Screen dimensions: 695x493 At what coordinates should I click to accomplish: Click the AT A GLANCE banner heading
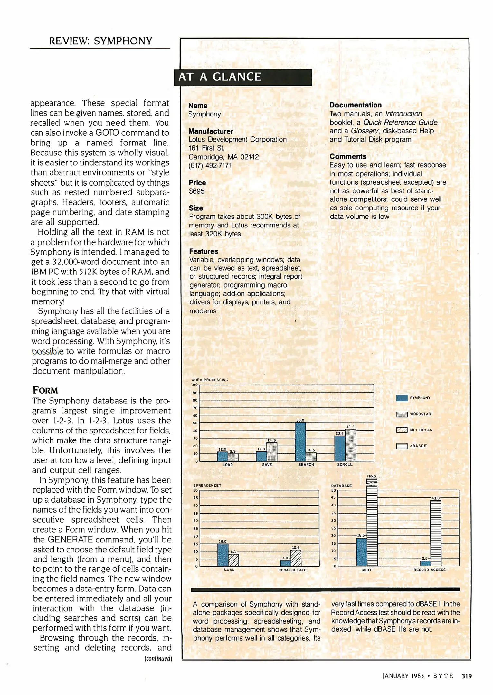220,77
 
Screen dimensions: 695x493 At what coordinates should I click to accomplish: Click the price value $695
196,191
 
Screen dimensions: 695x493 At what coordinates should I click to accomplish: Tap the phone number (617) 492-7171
210,166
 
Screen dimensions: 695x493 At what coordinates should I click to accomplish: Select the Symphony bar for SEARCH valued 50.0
300,442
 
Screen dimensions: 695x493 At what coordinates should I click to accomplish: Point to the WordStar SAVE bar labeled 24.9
272,452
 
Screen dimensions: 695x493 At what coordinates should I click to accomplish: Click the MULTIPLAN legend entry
415,430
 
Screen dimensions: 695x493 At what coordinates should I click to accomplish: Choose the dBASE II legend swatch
402,446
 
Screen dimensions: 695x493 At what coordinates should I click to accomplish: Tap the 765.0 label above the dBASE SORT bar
371,476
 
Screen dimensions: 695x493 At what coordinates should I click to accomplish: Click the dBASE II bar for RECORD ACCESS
435,533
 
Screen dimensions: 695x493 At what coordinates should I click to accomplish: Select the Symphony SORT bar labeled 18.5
361,552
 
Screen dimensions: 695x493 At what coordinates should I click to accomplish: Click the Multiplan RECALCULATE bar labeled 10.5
296,558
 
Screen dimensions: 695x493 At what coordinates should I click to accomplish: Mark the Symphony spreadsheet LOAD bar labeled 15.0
223,555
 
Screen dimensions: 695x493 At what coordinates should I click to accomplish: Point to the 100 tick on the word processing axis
194,385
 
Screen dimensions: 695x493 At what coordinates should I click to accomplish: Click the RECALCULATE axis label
292,570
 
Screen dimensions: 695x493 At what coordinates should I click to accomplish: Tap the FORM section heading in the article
45,390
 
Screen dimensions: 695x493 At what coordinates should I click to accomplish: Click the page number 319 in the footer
467,676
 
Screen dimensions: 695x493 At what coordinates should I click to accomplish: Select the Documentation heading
355,105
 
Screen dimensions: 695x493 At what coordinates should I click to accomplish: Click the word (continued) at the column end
158,658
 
